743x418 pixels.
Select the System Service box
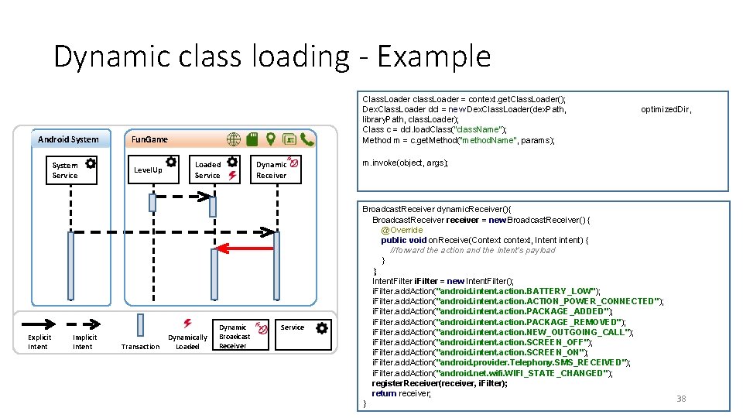[71, 170]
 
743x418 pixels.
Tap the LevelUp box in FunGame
[153, 170]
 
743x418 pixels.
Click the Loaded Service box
[214, 170]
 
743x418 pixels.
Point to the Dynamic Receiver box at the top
[276, 170]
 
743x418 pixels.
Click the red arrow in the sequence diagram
[245, 248]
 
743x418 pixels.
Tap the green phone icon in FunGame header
[307, 139]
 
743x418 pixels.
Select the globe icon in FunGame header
[234, 139]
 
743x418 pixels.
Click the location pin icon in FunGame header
[271, 139]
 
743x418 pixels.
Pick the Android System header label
[68, 139]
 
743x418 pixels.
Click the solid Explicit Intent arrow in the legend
[39, 324]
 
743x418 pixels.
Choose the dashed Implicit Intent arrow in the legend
[84, 324]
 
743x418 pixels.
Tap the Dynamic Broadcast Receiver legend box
[241, 335]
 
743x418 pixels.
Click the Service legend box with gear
[303, 335]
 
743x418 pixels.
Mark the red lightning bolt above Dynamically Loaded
[187, 324]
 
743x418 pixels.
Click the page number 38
[681, 399]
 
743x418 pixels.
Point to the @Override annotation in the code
[402, 230]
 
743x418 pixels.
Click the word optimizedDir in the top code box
[666, 109]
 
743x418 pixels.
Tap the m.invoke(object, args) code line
[405, 163]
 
